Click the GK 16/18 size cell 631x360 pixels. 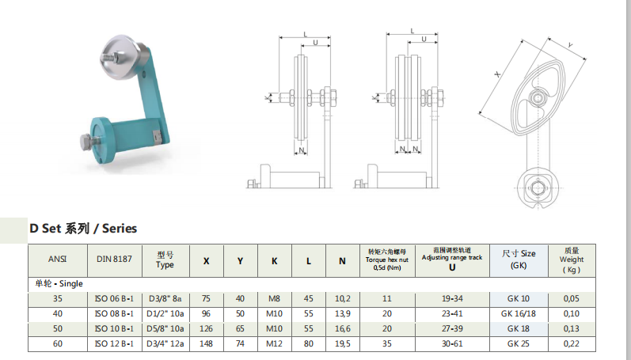click(519, 314)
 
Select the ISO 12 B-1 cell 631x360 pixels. click(114, 344)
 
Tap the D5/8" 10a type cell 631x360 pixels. click(165, 328)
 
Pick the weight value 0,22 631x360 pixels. click(572, 344)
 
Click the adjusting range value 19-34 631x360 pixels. click(452, 299)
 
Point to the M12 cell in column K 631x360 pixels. click(275, 344)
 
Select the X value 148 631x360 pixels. click(206, 344)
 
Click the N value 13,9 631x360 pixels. click(343, 314)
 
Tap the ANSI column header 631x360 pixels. click(57, 259)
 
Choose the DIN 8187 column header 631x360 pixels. click(114, 259)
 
